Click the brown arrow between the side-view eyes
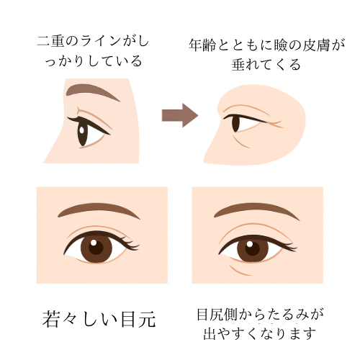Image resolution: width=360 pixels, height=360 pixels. tap(180, 115)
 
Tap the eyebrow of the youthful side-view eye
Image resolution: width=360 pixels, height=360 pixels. tap(92, 91)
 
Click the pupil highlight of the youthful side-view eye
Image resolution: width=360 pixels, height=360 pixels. tap(82, 130)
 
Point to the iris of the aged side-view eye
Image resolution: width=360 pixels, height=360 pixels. tap(235, 123)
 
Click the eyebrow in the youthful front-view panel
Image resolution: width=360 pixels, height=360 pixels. tap(99, 210)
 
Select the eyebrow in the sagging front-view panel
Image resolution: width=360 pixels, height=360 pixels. tap(256, 210)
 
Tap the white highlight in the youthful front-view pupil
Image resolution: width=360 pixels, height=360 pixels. tap(94, 243)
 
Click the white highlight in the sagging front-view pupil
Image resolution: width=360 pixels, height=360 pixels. tap(250, 244)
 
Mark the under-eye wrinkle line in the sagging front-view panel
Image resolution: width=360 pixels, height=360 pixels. tap(240, 271)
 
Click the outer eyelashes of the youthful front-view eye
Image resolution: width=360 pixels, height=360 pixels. tap(131, 243)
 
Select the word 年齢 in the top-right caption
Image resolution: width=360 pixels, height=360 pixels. tap(202, 45)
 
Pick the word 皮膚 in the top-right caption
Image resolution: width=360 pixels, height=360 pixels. tap(315, 45)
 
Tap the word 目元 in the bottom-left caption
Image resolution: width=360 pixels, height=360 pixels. tap(138, 320)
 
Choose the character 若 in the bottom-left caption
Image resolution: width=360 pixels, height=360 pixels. tap(50, 320)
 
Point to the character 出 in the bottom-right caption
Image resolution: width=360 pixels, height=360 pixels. tap(210, 334)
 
